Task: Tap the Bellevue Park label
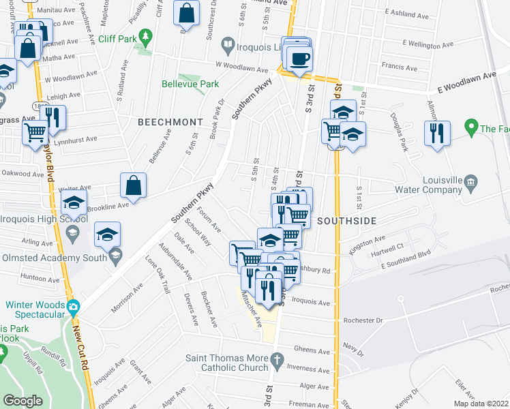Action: coord(190,85)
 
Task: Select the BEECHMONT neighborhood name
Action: coord(170,122)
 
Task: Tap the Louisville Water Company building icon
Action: coord(470,181)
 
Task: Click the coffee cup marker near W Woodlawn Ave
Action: coord(299,59)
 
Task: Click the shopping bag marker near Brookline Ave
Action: coord(133,185)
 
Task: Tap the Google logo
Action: coord(24,401)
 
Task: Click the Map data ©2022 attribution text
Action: coord(481,404)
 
